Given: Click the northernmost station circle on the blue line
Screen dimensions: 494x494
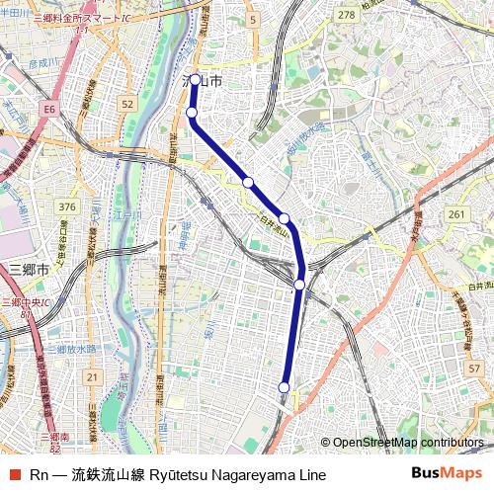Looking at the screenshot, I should coord(196,80).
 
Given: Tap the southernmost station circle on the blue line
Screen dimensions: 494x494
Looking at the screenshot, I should coord(285,387).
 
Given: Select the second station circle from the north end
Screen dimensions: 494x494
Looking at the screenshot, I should coord(193,114).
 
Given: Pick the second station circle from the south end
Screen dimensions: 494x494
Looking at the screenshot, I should coord(299,285).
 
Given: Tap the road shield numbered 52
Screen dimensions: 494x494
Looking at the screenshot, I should coord(126,103).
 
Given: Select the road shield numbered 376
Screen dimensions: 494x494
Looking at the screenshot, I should coord(67,206).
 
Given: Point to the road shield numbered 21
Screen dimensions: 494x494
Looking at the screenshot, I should coord(92,376).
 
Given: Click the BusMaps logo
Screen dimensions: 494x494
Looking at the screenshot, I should coord(447,473).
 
